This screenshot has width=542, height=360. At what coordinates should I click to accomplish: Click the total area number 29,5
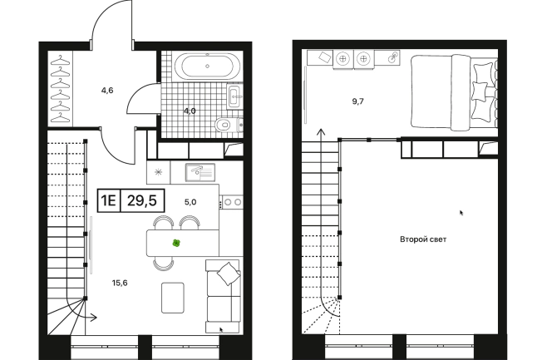tap(142, 200)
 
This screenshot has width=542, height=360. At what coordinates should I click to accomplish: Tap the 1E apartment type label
tap(109, 200)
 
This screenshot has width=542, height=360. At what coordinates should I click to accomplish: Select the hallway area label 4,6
tap(107, 91)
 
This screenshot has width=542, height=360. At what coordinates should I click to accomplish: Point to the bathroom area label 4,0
tap(190, 111)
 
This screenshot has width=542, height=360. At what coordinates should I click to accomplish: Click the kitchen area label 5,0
tap(190, 202)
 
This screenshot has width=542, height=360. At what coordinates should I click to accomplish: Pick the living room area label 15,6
tap(120, 283)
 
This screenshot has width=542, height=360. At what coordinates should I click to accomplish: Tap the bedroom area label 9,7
tap(357, 101)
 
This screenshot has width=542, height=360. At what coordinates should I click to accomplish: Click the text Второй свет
tap(423, 239)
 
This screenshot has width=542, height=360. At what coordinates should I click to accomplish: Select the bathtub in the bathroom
tap(207, 66)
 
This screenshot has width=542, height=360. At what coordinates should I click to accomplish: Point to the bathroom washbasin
tap(235, 96)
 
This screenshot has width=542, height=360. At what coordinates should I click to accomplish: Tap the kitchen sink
tap(200, 172)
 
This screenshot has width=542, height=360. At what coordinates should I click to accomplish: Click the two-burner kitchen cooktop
tap(232, 202)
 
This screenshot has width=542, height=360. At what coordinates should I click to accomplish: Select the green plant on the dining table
tap(176, 244)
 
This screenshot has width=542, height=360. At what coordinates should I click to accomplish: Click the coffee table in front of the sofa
tap(173, 298)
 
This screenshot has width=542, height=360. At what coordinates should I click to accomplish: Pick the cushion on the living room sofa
tap(228, 274)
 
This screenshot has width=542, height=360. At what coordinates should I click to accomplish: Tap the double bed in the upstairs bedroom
tap(454, 92)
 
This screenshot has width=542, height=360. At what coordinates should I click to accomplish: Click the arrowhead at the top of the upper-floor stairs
tap(322, 131)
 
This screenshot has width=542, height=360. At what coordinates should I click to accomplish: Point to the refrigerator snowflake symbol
tap(158, 172)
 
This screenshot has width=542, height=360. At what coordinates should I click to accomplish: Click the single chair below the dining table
tap(164, 264)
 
